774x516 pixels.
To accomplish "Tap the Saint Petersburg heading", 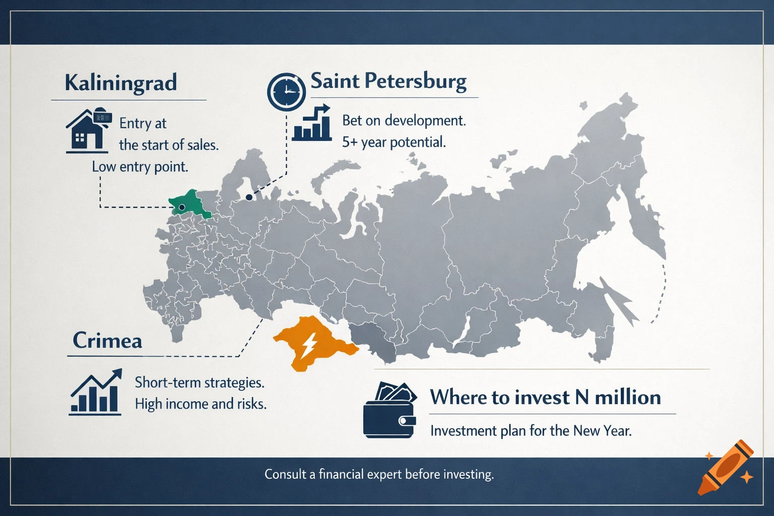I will coord(389,82).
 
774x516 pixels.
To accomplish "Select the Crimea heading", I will coord(107,341).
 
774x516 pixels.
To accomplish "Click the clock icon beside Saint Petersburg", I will coord(286,92).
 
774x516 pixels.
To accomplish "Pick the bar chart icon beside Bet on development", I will coord(312,123).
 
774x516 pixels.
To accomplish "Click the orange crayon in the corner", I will coord(726,467).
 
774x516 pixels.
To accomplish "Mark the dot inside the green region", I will coord(182,207).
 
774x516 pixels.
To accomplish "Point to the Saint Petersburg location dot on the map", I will coord(248,198).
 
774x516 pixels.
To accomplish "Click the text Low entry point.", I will coord(140,167).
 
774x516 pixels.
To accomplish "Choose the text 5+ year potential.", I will coord(394,142).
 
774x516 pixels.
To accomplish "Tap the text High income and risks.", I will coord(201,404).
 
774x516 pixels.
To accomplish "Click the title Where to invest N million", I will coord(545,397).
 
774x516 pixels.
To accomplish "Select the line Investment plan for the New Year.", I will coord(531,431).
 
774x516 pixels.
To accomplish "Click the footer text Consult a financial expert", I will coord(379,474).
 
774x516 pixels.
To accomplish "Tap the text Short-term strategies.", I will coord(200,382).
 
